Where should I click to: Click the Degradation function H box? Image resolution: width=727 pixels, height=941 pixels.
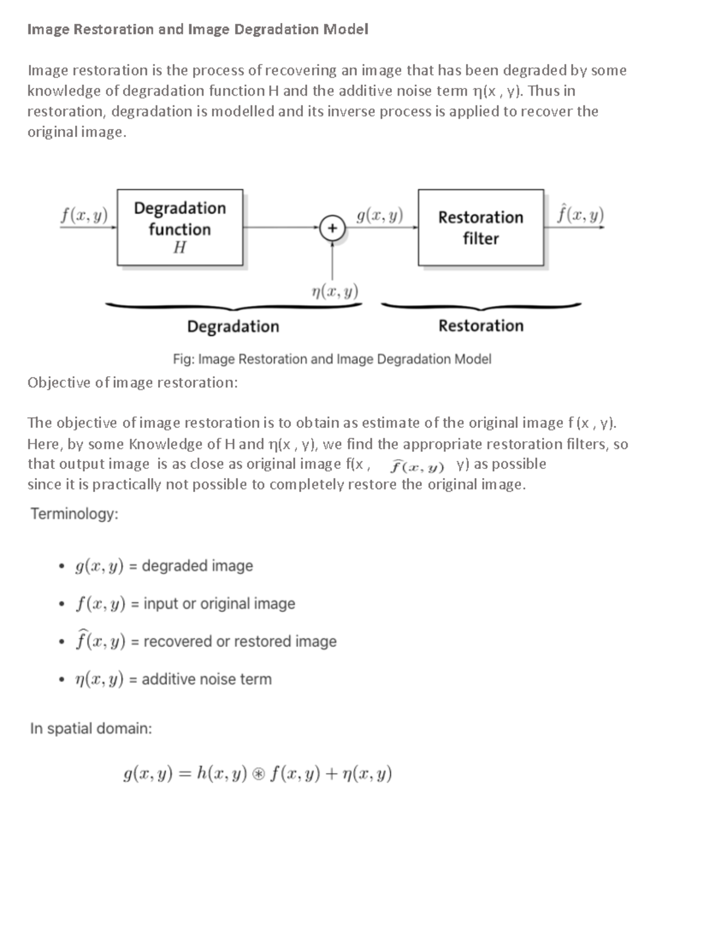click(x=180, y=227)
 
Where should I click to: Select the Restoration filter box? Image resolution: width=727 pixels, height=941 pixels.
click(x=480, y=227)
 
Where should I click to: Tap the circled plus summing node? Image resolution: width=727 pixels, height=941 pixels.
click(x=332, y=228)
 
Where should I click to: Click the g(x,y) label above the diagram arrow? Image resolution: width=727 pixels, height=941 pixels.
click(x=380, y=215)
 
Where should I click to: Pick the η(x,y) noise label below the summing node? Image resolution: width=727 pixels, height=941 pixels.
click(x=334, y=291)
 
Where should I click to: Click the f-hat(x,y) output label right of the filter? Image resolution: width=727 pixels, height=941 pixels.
click(x=580, y=214)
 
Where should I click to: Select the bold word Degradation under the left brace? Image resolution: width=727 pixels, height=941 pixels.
click(x=233, y=327)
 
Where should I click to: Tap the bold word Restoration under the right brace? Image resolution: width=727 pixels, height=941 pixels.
click(x=480, y=326)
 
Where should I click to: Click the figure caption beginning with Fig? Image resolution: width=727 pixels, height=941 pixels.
click(x=331, y=359)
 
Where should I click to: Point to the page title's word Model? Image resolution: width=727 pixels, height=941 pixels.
click(x=345, y=29)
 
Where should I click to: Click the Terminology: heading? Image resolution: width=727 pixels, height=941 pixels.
click(x=75, y=514)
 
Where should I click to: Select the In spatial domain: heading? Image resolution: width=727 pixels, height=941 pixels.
click(x=91, y=728)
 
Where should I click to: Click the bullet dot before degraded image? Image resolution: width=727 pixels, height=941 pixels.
click(x=61, y=567)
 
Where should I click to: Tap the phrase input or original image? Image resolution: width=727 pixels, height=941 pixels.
click(x=219, y=604)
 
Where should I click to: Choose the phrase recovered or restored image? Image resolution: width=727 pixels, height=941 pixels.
click(x=240, y=641)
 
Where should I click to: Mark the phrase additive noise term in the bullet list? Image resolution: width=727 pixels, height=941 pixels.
click(x=207, y=679)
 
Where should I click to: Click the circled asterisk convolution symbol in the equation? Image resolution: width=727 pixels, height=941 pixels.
click(x=259, y=774)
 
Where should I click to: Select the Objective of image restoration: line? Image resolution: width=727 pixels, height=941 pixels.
click(x=133, y=382)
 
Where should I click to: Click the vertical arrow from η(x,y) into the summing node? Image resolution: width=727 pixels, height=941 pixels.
click(x=332, y=261)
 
